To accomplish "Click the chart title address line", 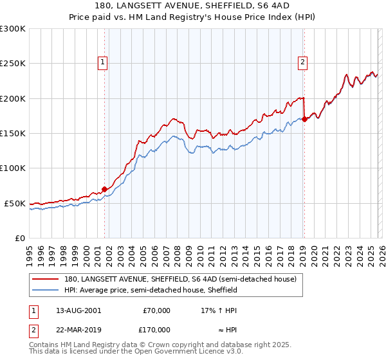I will (192, 6).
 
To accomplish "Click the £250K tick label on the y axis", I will (13, 64).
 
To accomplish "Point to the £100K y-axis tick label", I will (13, 168).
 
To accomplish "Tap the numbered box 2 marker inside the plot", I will (302, 62).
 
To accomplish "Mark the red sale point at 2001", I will (104, 190).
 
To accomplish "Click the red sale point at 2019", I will (304, 119).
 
